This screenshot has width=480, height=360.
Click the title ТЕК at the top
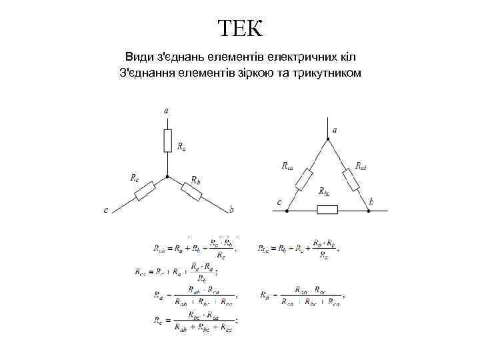coord(240,29)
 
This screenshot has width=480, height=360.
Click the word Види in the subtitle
coord(138,56)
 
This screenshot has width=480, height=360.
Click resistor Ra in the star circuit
coord(167,141)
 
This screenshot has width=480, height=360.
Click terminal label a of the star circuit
coord(166,111)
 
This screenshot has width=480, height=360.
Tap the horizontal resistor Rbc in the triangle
coord(327,211)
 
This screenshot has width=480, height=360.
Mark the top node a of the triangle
coord(327,140)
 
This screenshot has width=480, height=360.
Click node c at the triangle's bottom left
coord(287,211)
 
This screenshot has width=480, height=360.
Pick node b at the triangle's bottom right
coord(369,211)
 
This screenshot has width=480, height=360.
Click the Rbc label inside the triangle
coord(325,192)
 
